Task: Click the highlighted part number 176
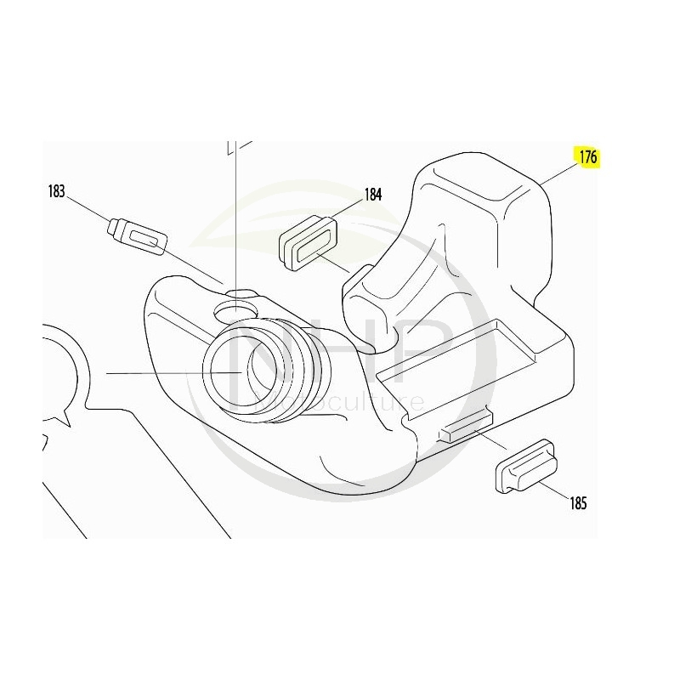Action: [x=588, y=158]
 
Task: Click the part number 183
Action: [x=57, y=191]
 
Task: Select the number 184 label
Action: [x=373, y=194]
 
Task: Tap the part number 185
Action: [x=578, y=502]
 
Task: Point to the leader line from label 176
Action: [x=558, y=172]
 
